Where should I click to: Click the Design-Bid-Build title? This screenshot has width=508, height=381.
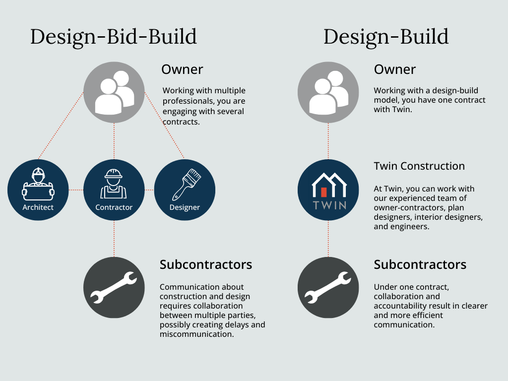(114, 37)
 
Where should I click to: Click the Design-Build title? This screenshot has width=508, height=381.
(386, 37)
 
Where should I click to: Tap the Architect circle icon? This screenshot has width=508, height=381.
(38, 190)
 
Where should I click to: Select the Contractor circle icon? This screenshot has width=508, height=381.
(114, 190)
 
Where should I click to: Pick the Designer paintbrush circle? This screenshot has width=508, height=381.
(185, 190)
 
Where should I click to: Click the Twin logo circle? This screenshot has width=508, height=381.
(328, 190)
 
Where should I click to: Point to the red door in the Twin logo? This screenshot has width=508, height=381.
(323, 192)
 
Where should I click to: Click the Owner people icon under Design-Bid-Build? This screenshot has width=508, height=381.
(114, 92)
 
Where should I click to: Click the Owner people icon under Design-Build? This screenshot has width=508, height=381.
(328, 92)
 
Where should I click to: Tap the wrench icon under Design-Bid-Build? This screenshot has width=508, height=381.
(114, 287)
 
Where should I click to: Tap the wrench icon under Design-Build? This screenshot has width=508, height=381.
(328, 287)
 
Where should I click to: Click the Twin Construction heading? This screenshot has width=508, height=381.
(419, 166)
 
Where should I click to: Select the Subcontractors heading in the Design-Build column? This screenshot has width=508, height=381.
(420, 265)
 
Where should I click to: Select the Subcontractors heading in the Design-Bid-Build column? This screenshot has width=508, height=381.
(206, 265)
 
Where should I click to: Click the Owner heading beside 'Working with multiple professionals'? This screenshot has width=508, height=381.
(182, 69)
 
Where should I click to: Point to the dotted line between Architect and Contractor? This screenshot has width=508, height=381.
(76, 190)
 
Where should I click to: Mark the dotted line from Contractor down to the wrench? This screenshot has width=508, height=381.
(114, 239)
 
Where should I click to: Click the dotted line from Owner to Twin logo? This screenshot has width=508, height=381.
(328, 141)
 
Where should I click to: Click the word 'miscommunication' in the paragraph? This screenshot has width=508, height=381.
(196, 334)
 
